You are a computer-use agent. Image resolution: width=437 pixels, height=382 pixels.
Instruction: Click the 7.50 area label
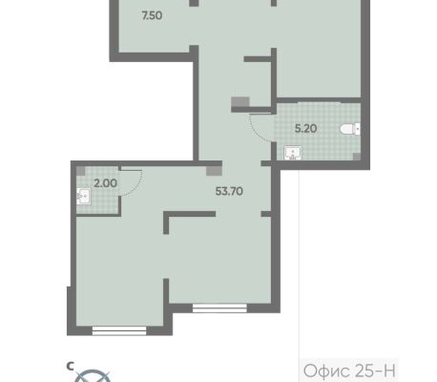click(x=153, y=15)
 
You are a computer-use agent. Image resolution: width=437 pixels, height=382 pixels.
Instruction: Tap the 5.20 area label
click(x=305, y=129)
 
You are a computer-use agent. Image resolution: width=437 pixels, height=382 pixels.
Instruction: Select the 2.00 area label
click(x=105, y=183)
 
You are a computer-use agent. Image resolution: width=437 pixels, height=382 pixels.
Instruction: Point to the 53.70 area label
click(x=229, y=191)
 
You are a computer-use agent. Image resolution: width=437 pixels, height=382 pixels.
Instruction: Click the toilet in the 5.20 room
click(x=350, y=129)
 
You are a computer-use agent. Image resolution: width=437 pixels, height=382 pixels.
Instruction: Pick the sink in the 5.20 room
click(x=293, y=153)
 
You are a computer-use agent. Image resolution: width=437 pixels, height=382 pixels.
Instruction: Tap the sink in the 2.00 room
click(x=84, y=196)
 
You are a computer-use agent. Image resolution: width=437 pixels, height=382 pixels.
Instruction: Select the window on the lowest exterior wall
click(x=119, y=330)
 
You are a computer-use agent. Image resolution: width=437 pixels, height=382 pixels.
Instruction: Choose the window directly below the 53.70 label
click(x=219, y=308)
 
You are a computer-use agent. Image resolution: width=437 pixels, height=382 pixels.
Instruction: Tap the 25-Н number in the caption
click(x=375, y=371)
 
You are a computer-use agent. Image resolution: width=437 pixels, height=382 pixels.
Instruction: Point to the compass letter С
click(x=71, y=367)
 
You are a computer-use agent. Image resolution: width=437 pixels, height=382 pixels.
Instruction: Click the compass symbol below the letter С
click(x=93, y=376)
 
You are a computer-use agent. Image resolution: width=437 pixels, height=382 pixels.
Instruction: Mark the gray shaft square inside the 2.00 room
click(x=81, y=171)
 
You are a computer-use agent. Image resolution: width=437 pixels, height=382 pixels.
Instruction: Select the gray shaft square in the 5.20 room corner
click(x=357, y=157)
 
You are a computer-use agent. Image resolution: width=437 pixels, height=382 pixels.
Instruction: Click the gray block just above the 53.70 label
click(x=214, y=171)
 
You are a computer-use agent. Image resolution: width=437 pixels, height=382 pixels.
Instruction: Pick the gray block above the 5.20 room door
click(x=240, y=102)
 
